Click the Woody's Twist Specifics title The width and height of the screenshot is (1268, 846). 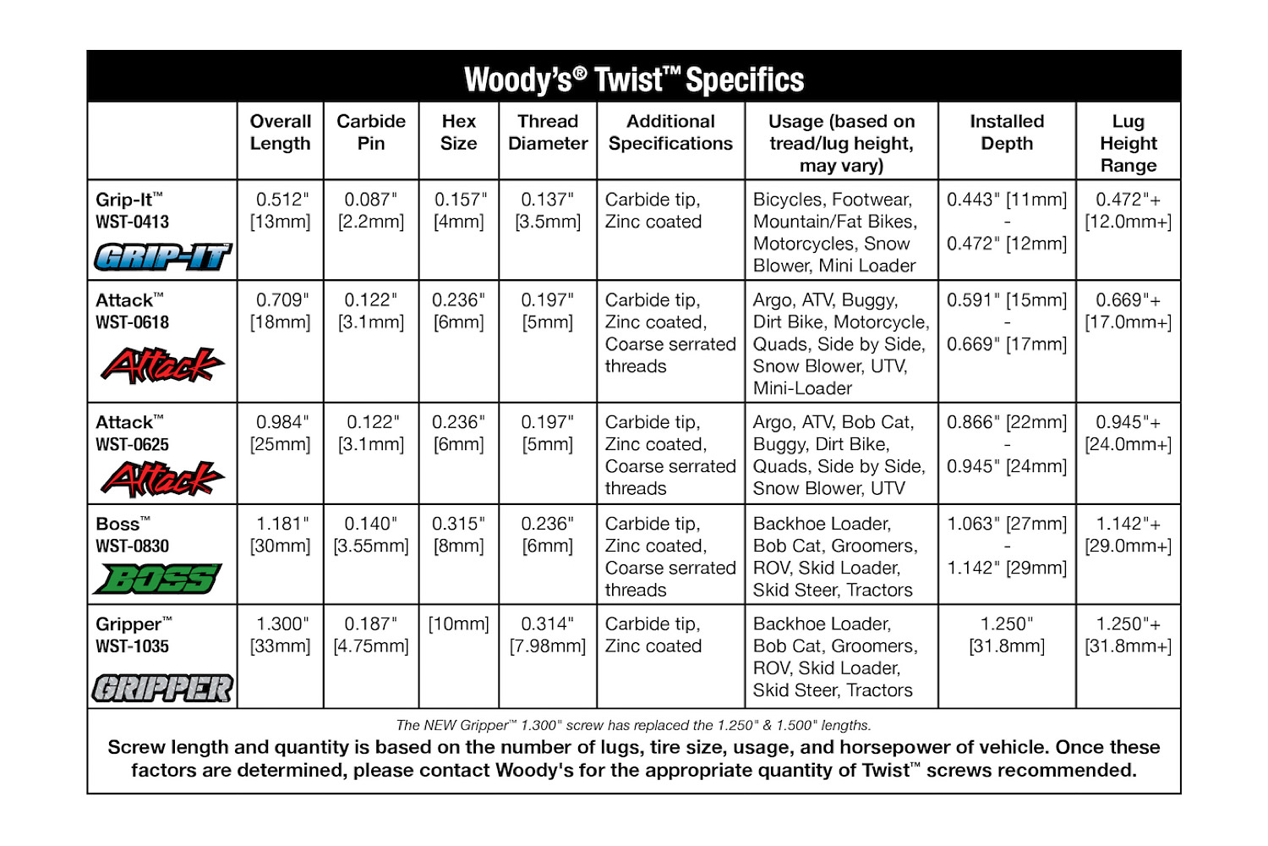coord(634,80)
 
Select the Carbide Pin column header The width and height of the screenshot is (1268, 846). coord(371,133)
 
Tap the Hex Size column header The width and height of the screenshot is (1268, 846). coord(459,133)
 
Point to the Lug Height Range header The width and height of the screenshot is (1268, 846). coord(1129,143)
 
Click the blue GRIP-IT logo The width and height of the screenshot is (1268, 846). coord(162,256)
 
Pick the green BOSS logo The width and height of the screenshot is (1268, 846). coord(158,580)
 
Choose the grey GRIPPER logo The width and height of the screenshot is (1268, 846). coord(162,689)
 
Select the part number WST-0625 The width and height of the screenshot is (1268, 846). coord(133,445)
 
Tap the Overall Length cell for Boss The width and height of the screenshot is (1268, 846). coord(281,535)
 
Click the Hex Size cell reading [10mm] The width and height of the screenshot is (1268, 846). coord(459,624)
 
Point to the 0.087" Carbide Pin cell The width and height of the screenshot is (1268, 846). coord(371,211)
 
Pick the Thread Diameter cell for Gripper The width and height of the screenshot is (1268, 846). coord(548,634)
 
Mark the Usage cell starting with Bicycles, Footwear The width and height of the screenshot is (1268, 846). coord(835,233)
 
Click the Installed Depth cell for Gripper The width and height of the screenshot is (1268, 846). coord(1007,634)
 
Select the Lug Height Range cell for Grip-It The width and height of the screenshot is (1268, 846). coord(1129,211)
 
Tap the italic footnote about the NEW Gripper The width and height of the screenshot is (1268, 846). coord(633,725)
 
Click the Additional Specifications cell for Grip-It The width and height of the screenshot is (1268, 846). coord(653,211)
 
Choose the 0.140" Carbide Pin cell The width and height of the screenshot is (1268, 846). coord(371,535)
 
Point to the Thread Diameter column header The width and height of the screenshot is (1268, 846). coord(548,133)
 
